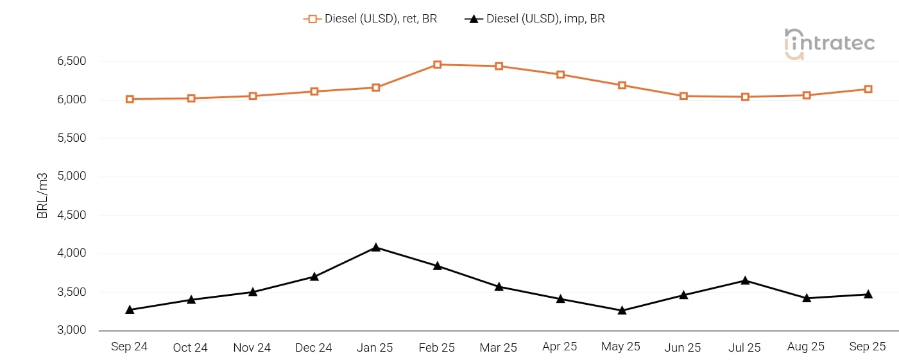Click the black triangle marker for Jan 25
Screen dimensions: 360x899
click(376, 247)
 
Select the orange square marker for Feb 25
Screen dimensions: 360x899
click(438, 65)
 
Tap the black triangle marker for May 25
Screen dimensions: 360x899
click(622, 311)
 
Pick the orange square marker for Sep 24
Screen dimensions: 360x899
click(130, 99)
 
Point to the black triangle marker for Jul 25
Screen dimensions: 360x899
click(745, 280)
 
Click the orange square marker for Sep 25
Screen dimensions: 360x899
click(868, 89)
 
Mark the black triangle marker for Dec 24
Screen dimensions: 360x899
click(314, 277)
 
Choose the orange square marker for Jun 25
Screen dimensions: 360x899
click(683, 96)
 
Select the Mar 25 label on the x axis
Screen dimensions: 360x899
click(498, 347)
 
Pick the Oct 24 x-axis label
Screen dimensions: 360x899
click(191, 347)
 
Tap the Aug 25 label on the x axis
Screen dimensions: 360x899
click(806, 347)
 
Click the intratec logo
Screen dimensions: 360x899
click(829, 44)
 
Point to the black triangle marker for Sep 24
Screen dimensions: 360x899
click(130, 310)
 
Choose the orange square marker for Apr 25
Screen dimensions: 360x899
click(560, 75)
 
